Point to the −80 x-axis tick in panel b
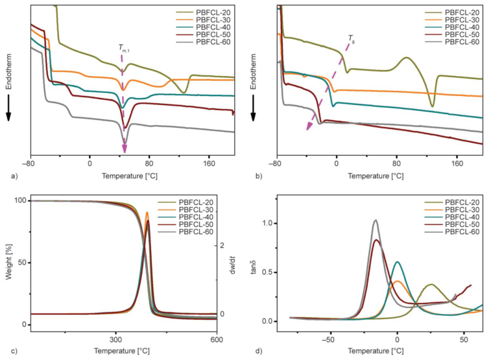click(276, 165)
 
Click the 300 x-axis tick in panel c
click(116, 339)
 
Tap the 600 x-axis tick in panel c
click(217, 339)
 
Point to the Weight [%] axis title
click(9, 262)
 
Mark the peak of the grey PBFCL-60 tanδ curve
click(375, 221)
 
